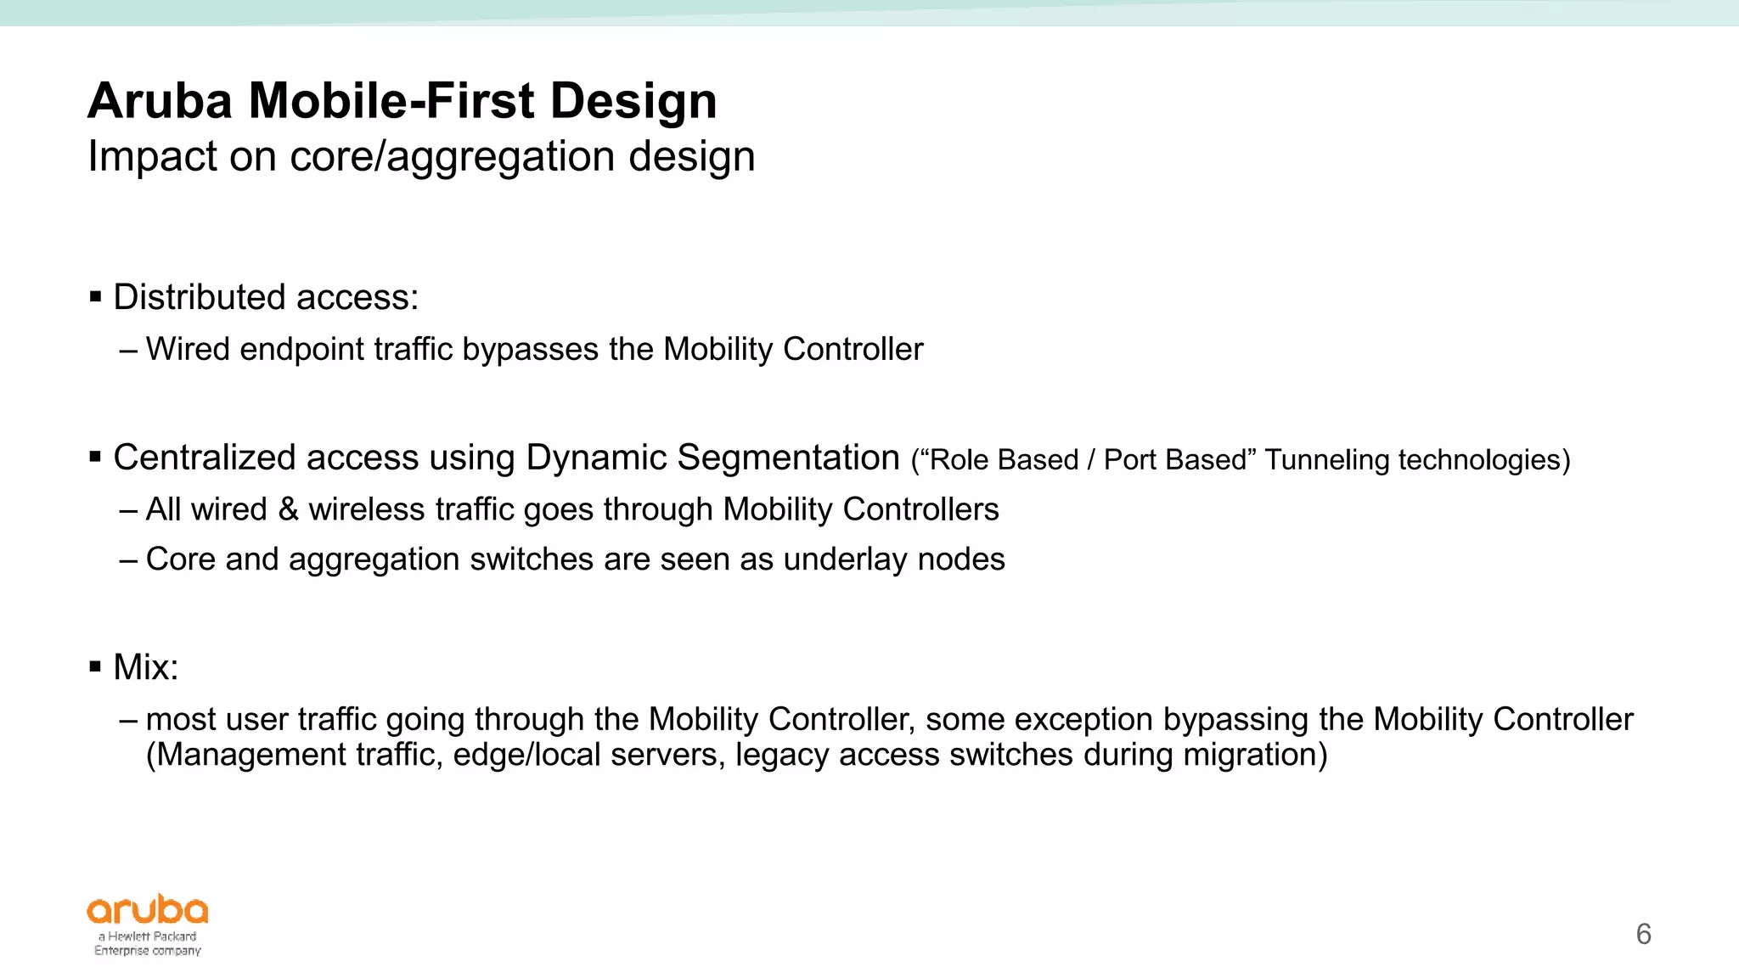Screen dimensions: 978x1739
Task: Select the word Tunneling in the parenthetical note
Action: point(1326,460)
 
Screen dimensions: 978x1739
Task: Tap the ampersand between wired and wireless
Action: point(288,509)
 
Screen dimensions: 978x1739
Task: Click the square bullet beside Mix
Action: point(95,667)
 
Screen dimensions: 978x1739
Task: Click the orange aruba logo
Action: point(148,911)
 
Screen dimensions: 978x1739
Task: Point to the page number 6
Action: point(1643,935)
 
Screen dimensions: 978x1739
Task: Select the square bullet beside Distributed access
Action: point(95,297)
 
